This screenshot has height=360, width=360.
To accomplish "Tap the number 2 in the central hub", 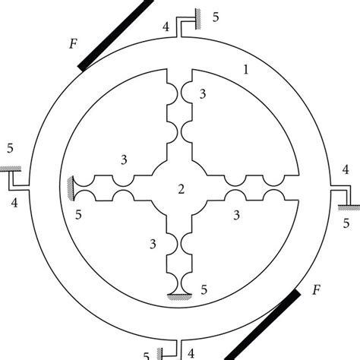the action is click(x=180, y=188).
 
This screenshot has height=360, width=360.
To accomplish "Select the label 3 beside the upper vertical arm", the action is click(x=201, y=93).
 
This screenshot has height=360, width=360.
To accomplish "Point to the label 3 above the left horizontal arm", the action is click(x=123, y=159).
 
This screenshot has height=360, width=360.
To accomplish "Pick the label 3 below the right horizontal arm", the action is click(x=237, y=216).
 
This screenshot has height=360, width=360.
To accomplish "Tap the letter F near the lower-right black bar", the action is click(x=317, y=289).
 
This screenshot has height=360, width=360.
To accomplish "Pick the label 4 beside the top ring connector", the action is click(x=166, y=27).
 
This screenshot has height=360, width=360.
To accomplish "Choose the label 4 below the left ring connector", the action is click(x=14, y=203).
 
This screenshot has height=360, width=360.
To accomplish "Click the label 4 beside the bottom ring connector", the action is click(x=191, y=352).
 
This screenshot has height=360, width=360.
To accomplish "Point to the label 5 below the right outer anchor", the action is click(x=347, y=223).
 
